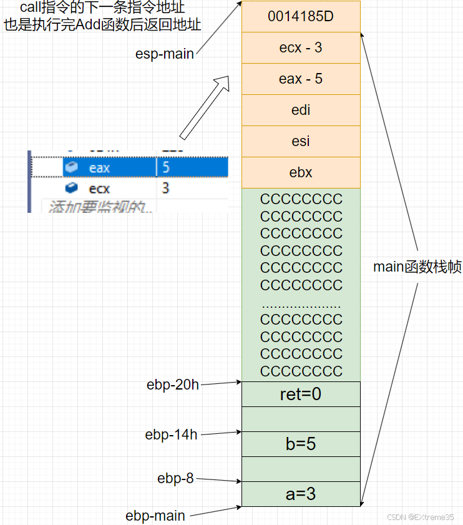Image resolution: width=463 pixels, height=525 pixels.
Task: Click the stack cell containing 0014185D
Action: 301,17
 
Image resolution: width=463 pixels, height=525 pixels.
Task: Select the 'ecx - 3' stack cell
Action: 301,48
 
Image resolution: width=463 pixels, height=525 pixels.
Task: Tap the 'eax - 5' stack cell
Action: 301,79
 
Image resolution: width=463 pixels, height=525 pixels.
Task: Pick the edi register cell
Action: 301,110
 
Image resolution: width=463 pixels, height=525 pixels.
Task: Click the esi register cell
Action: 301,142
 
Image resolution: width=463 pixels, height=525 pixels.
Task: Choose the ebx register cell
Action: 301,173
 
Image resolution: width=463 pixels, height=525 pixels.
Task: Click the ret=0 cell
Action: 301,395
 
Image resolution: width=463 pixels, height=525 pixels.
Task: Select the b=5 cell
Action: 301,444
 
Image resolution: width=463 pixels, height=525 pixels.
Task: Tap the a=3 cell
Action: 301,494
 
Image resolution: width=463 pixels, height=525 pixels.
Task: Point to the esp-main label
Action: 164,54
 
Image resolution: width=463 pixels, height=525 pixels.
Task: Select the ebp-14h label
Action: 171,434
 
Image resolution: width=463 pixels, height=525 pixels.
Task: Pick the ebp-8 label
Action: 175,479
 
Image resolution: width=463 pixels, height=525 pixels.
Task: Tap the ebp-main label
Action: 155,516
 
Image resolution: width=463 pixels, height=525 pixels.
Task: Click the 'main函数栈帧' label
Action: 417,267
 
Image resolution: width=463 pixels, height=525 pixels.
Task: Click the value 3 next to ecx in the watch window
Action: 166,188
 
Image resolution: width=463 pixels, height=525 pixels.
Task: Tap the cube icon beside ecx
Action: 72,188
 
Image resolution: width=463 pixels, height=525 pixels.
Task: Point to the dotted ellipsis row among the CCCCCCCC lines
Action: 301,305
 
